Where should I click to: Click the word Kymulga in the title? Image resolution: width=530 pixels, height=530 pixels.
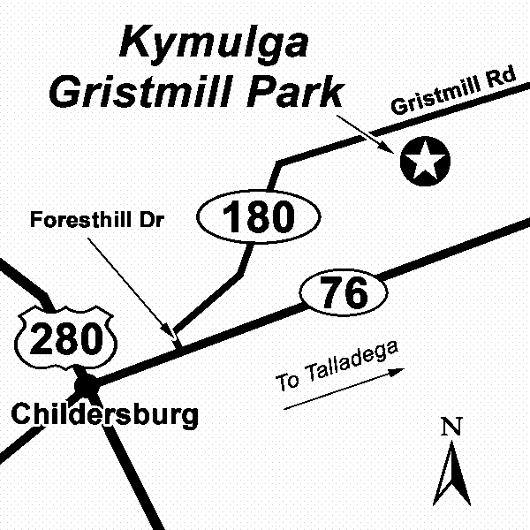click(214, 42)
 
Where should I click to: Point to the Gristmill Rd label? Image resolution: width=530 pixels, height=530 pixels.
click(451, 92)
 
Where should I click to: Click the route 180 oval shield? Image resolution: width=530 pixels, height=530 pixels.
click(258, 216)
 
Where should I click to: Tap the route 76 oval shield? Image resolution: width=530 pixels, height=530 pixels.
click(344, 292)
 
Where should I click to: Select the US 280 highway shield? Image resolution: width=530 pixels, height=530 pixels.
click(66, 337)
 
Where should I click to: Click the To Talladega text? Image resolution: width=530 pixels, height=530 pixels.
click(337, 367)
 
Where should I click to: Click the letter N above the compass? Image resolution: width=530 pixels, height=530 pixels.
click(452, 428)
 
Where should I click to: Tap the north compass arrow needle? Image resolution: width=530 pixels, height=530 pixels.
click(452, 473)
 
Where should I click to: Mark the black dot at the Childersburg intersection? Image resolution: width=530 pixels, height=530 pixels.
click(87, 384)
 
